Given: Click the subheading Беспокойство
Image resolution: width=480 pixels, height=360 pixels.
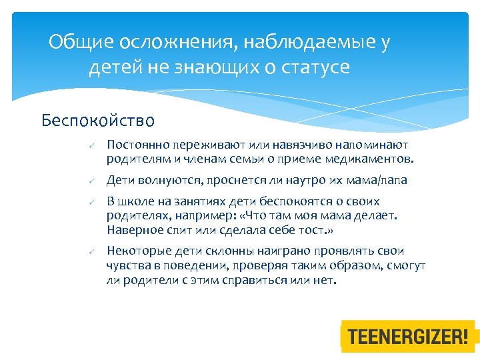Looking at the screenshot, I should click(98, 121).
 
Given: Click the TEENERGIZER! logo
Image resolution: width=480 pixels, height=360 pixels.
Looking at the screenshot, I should click(409, 336).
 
